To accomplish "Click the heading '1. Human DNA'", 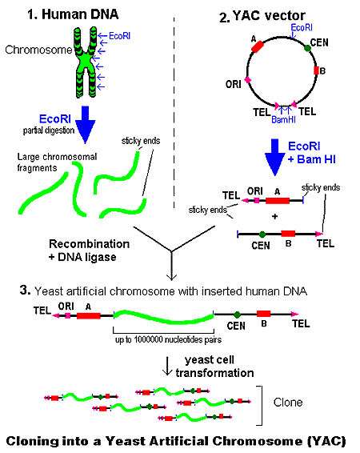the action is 73,14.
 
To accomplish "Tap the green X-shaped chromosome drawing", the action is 86,62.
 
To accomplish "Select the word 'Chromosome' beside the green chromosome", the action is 38,50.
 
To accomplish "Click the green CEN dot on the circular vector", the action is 307,48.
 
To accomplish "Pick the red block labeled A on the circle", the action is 258,46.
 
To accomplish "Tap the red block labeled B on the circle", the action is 317,70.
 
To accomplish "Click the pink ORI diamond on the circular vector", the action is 247,80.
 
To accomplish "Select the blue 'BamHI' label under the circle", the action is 283,119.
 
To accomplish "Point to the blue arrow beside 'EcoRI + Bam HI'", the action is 275,158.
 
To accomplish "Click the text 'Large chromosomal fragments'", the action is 57,162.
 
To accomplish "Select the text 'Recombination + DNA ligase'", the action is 89,251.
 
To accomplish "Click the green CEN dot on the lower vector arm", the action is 262,235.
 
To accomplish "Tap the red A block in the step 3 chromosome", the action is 89,316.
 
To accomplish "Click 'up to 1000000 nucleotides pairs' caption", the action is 168,339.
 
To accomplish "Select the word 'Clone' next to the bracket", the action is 288,403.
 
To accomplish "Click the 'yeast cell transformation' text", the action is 214,367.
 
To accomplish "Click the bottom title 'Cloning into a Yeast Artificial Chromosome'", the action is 176,442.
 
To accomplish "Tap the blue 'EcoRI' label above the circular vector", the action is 302,28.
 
